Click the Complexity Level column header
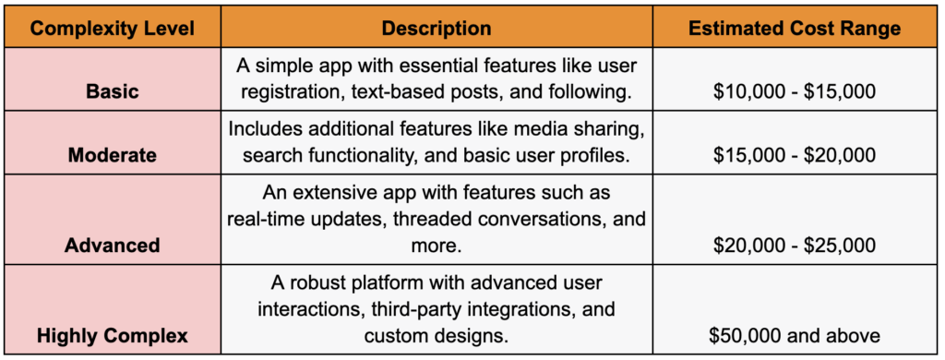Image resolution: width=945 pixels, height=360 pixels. click(x=113, y=28)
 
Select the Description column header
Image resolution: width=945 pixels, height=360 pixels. click(x=437, y=28)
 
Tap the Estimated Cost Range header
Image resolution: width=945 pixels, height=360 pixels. click(x=795, y=28)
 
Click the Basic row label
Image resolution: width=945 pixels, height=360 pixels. click(x=113, y=92)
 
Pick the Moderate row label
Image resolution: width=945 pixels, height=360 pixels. click(x=113, y=155)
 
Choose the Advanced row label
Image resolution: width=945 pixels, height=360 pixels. click(x=113, y=245)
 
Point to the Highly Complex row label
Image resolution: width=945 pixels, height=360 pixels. click(x=113, y=336)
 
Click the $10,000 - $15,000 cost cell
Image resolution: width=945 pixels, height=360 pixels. click(x=795, y=92)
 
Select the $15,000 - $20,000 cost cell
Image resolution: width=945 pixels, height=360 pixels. click(x=795, y=155)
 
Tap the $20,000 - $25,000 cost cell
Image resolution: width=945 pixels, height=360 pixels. click(x=795, y=245)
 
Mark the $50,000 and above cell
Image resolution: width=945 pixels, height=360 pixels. click(x=795, y=336)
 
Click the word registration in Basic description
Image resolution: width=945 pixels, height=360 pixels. click(x=289, y=92)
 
